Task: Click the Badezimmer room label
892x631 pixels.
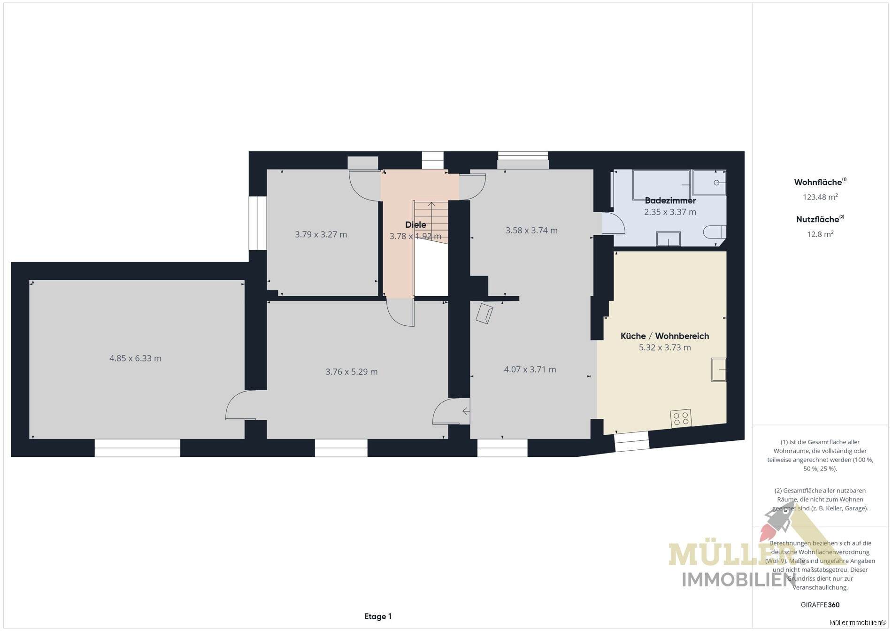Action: pos(670,200)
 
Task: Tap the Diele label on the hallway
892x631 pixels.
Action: pos(415,225)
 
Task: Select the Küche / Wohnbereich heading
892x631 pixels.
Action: pos(665,336)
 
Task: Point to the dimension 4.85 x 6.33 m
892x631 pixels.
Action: pos(135,359)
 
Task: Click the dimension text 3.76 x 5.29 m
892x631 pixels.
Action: pos(352,372)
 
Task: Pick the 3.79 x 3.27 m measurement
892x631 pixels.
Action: pos(321,235)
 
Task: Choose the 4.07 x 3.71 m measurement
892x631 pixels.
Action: pos(530,369)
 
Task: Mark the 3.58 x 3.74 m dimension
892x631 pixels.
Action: pos(531,231)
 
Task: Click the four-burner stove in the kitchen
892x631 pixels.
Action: pos(681,418)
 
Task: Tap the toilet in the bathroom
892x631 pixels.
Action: pos(715,232)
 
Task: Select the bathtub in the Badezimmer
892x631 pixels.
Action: pos(661,185)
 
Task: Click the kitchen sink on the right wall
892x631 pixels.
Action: pos(719,369)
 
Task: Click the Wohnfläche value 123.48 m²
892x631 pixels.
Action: pos(820,197)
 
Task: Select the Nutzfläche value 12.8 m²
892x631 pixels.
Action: pos(820,234)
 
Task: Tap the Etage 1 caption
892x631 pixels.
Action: pos(378,616)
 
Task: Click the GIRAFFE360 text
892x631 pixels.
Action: pos(820,605)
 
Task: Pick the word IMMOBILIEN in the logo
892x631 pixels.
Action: pos(738,580)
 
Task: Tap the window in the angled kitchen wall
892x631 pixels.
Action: pos(632,441)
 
